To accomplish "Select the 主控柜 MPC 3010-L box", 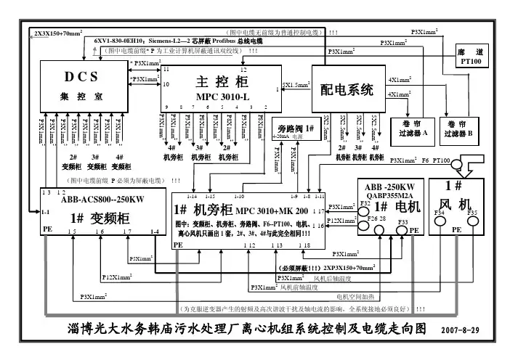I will pyautogui.click(x=222, y=87).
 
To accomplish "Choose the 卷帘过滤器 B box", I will pyautogui.click(x=461, y=128).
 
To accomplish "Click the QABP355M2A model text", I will pyautogui.click(x=388, y=194).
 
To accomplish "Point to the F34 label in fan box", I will pyautogui.click(x=439, y=212).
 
